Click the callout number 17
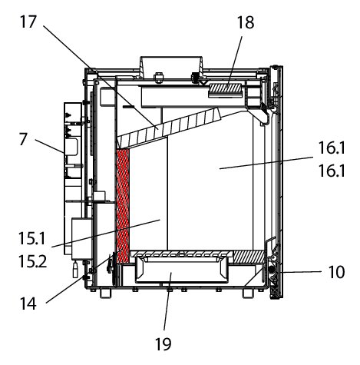[28, 22]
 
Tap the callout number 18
[246, 22]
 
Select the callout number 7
[23, 139]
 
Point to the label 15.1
[32, 238]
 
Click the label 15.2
[33, 261]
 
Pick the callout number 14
[28, 304]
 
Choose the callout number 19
[163, 344]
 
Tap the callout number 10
[336, 272]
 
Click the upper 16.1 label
[332, 148]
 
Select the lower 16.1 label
[332, 171]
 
